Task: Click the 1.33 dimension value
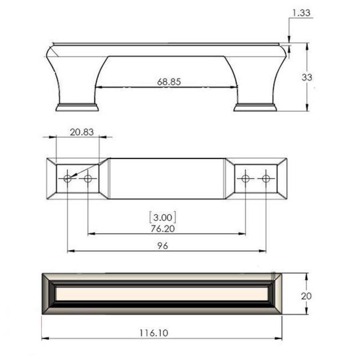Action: coord(301,13)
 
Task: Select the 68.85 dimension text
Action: coord(169,82)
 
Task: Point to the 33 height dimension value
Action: coord(307,77)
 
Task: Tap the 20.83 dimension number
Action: coord(82,132)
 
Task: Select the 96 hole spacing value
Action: coord(163,246)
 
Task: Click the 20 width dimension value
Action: coord(307,296)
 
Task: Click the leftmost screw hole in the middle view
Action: coord(68,178)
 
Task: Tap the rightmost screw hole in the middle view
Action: coord(266,178)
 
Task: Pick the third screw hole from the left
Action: coord(246,178)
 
